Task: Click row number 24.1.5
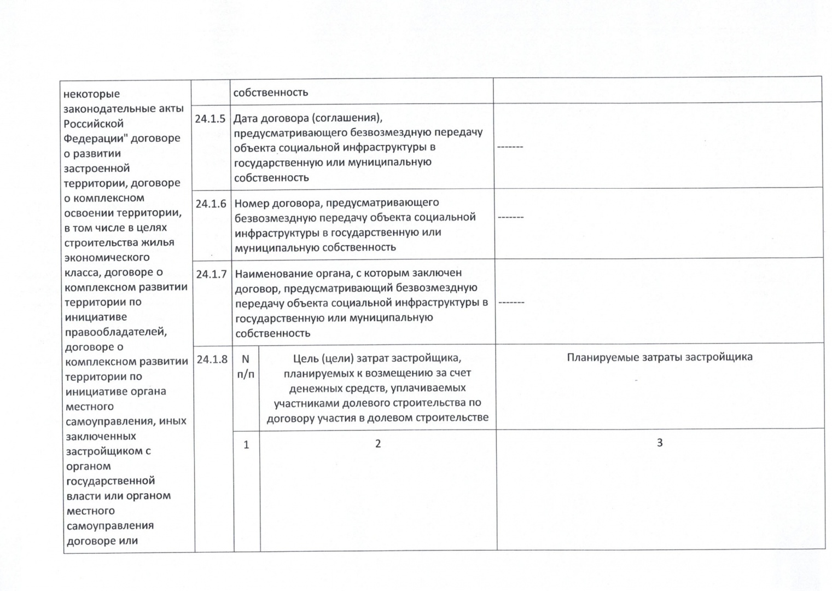click(x=210, y=119)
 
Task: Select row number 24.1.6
click(x=211, y=204)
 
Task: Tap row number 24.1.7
click(x=211, y=274)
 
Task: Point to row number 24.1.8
click(x=212, y=360)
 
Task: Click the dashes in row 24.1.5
click(x=510, y=147)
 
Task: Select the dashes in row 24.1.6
click(x=510, y=217)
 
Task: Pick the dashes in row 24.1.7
click(x=511, y=302)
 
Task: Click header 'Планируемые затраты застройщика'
click(x=659, y=357)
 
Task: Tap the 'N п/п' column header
click(x=246, y=367)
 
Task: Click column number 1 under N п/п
click(x=246, y=445)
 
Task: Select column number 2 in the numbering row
click(x=377, y=444)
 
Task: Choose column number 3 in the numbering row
click(x=660, y=443)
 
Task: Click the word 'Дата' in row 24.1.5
click(x=246, y=118)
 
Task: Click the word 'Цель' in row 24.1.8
click(x=304, y=358)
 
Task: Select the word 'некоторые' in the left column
click(x=91, y=94)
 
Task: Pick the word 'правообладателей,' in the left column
click(x=116, y=332)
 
